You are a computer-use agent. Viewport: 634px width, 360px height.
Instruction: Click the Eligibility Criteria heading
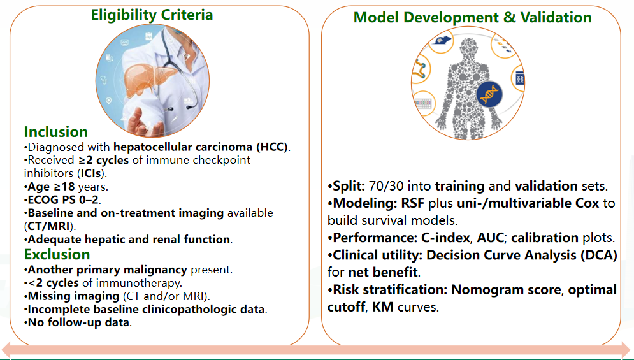point(152,15)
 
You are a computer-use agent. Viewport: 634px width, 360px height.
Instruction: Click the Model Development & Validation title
point(472,17)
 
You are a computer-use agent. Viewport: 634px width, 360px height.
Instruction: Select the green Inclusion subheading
point(56,132)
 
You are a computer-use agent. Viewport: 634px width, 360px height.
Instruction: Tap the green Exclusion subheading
point(57,254)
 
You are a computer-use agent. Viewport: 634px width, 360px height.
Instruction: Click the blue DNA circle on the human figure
point(489,94)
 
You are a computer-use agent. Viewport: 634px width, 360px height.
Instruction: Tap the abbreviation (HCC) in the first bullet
point(273,147)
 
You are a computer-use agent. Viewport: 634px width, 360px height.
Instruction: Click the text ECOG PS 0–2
point(64,200)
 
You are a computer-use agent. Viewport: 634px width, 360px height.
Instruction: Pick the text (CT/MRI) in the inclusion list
point(49,226)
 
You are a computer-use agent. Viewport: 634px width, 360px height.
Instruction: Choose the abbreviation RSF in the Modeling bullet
point(412,203)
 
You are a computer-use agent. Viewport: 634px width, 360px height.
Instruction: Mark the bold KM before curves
point(382,307)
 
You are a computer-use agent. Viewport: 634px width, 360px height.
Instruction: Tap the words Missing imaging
point(73,296)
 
